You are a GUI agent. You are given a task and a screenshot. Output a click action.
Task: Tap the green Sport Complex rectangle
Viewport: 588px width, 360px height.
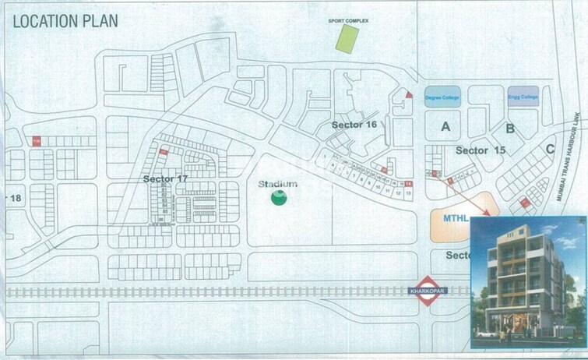point(347,38)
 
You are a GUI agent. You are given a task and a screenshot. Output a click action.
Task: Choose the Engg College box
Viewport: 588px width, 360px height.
point(523,97)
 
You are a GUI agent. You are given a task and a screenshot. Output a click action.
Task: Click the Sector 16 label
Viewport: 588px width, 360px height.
point(354,125)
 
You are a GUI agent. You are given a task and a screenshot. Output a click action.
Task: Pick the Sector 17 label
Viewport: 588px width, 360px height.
point(166,178)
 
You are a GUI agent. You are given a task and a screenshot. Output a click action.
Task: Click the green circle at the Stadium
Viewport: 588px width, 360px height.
point(278,198)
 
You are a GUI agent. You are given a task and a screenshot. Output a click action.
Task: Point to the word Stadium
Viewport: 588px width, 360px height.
point(278,184)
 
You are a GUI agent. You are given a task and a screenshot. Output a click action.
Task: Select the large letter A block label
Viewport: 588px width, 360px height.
point(445,126)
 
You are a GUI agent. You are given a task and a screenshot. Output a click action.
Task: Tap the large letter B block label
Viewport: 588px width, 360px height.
point(510,129)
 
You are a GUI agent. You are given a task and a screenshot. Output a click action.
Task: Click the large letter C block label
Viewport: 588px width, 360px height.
point(549,149)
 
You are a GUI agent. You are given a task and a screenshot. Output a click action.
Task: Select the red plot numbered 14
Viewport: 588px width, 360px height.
point(408,183)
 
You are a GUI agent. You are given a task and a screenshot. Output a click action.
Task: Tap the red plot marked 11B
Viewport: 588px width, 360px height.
point(36,141)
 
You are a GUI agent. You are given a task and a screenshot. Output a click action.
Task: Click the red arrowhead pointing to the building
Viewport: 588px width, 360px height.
point(488,211)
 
